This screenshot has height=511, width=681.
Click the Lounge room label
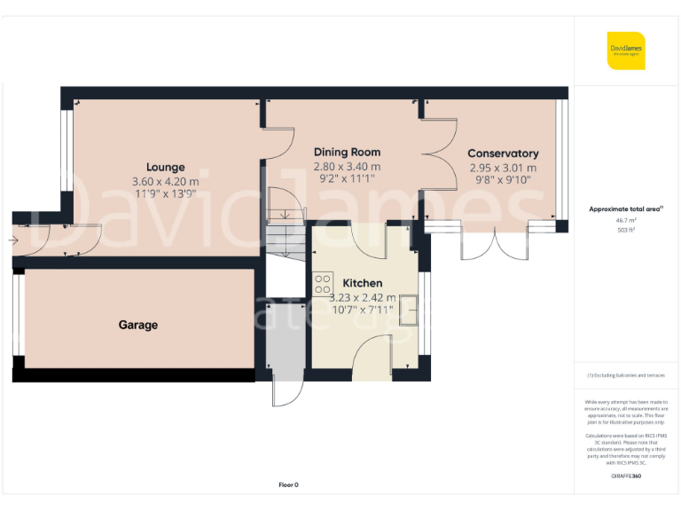coord(166,167)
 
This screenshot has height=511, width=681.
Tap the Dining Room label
coord(347,152)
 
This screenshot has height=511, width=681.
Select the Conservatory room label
coord(503,153)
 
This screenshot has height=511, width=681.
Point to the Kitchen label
coord(362,283)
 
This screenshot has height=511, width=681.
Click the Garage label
coord(138,325)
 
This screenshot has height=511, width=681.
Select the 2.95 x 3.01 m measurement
coord(503,168)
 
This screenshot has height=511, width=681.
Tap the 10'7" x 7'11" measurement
coord(362,311)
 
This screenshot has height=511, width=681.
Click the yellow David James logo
coord(626,51)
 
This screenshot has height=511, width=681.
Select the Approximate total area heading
coord(626,208)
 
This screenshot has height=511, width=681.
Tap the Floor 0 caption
coord(289,484)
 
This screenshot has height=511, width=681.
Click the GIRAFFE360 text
coord(626,476)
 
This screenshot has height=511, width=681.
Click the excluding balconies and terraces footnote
coord(626,375)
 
